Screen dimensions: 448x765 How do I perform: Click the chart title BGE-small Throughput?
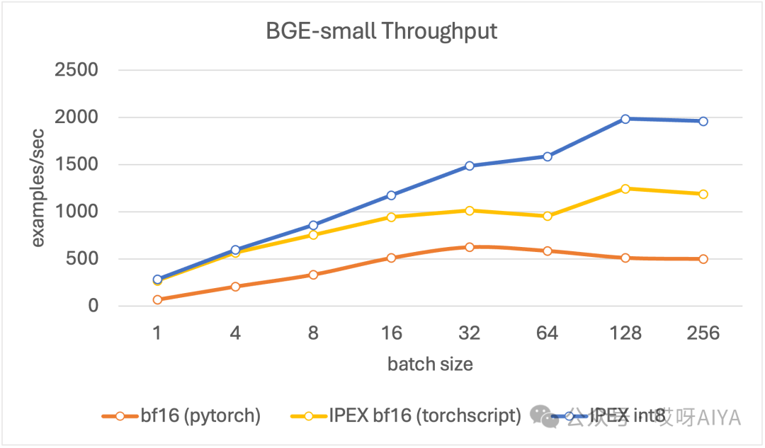tap(382, 31)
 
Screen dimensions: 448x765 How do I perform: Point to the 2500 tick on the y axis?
tap(76, 70)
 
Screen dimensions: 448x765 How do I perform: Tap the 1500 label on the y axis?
tap(76, 164)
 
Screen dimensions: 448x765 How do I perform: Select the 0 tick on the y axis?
tap(93, 306)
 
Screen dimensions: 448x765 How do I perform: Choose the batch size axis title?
tap(430, 364)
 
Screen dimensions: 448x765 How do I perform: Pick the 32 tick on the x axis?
tap(469, 333)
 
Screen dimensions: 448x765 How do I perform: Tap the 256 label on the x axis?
tap(703, 333)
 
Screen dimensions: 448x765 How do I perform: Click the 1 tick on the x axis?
tap(157, 333)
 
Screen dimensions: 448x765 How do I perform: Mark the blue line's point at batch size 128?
tap(625, 119)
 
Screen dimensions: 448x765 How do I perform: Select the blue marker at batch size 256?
tap(703, 121)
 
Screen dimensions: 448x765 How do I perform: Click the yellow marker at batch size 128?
tap(625, 188)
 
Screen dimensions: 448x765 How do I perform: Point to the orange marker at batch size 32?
tap(469, 247)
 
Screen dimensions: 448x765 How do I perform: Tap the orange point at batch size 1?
tap(157, 299)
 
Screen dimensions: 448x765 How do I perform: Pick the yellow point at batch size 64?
tap(548, 216)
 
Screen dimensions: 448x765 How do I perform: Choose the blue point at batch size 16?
tap(391, 195)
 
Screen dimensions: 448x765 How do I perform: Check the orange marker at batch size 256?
tap(703, 259)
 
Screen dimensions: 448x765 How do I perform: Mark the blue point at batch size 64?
tap(548, 156)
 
